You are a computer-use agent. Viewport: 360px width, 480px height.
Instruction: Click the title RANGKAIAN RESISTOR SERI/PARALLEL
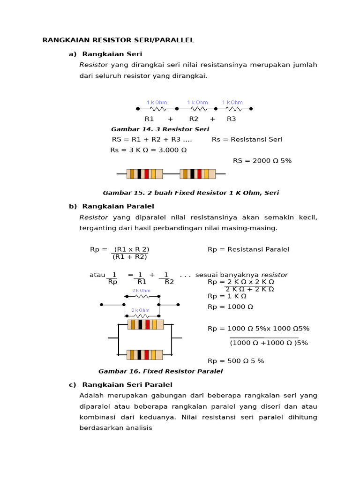118,40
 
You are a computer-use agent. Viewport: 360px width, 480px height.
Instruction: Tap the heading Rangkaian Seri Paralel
127,385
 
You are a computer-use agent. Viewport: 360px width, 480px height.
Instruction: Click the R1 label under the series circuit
150,119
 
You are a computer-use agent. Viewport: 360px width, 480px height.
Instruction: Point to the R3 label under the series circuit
232,119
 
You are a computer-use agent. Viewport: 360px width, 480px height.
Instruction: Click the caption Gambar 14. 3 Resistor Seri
160,129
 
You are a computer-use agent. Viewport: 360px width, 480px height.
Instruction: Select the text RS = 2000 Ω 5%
262,161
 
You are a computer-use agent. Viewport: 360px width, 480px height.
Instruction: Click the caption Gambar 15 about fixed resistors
191,193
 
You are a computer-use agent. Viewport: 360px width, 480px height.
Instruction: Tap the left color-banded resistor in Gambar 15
145,174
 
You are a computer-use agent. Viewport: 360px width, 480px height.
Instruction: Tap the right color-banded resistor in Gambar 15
197,174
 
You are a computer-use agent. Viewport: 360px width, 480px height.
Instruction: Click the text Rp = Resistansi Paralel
248,249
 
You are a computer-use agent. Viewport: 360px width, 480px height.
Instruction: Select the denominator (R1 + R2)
130,257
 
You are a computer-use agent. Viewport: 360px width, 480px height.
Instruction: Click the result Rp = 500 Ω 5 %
236,361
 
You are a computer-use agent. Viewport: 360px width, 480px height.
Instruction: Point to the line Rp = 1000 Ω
230,307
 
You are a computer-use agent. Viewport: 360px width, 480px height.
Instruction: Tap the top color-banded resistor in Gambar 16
146,324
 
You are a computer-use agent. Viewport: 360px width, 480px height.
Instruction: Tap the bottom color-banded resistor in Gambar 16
145,355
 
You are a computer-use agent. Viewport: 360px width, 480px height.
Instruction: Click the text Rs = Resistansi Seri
247,140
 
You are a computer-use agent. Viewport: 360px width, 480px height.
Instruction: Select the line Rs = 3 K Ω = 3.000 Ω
149,150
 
